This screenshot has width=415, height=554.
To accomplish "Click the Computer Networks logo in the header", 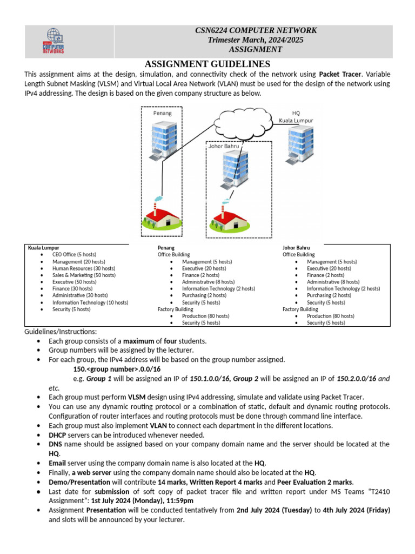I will point(53,41).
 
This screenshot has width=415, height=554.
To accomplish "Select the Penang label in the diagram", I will point(162,113).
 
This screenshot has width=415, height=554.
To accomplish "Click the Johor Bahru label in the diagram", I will point(223,146).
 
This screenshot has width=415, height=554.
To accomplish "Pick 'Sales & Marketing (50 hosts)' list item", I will point(84,275).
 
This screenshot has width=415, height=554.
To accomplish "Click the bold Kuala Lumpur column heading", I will point(44,247).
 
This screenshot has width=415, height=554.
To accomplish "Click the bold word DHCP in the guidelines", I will point(58,435).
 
